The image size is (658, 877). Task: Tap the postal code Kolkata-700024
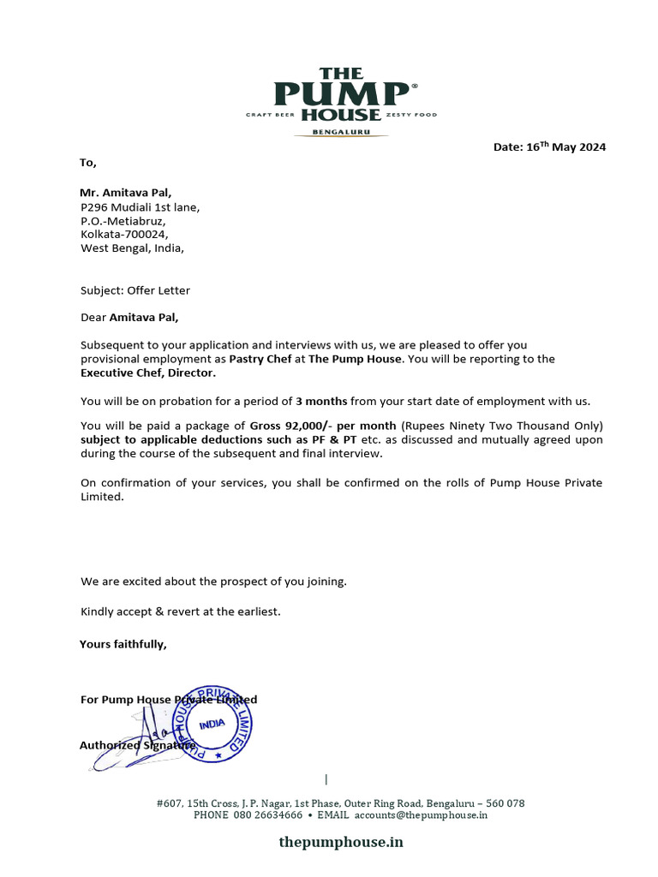click(124, 234)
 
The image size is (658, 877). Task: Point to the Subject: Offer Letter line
click(135, 290)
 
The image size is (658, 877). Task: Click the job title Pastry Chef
click(260, 359)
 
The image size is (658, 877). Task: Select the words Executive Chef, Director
click(148, 373)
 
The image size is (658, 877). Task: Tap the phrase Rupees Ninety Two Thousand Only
click(503, 426)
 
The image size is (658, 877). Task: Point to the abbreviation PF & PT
click(338, 439)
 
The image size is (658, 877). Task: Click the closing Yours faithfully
click(123, 644)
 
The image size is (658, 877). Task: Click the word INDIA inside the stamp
click(212, 724)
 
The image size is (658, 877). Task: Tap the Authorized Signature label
click(137, 745)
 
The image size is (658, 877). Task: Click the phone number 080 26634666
click(268, 815)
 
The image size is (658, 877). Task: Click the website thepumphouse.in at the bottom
click(340, 842)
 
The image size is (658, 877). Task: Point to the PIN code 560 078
click(505, 803)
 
